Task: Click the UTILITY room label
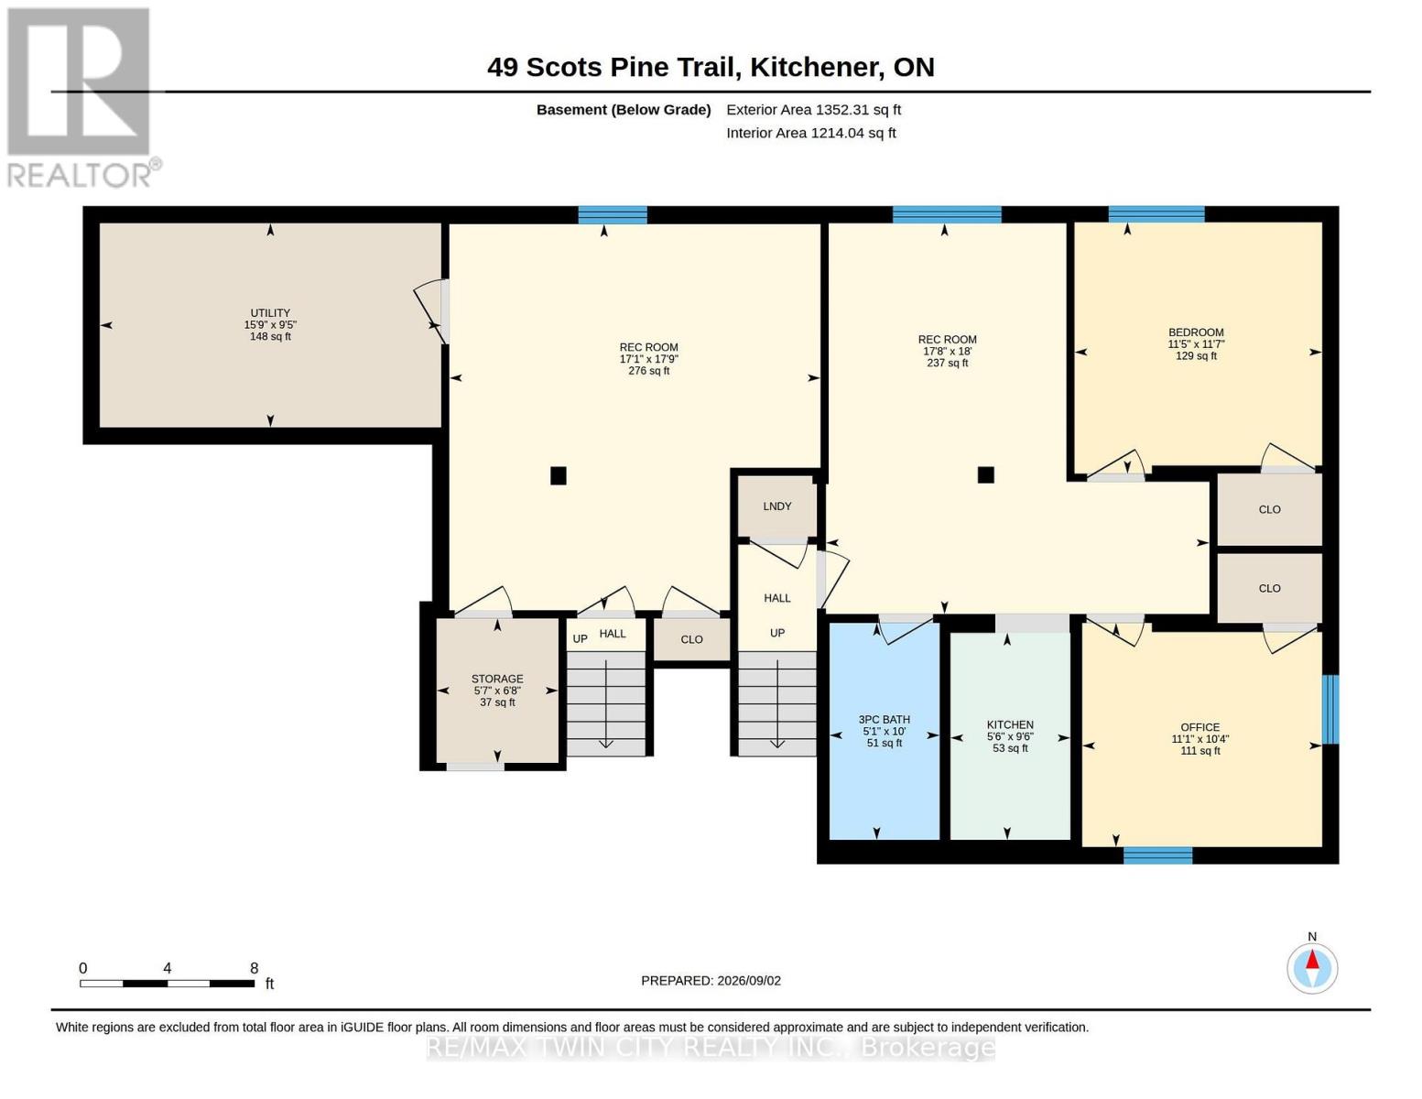(x=269, y=313)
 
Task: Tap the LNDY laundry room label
(x=776, y=506)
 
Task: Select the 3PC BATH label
(x=885, y=719)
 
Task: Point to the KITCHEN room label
(x=1010, y=724)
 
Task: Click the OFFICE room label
(x=1199, y=727)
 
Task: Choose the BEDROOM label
(x=1196, y=332)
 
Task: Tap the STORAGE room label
(x=496, y=679)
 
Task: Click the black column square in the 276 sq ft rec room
(x=559, y=475)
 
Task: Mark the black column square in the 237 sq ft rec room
(x=985, y=474)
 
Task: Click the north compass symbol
(x=1311, y=968)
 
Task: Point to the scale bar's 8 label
(x=254, y=968)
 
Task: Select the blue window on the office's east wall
(x=1330, y=710)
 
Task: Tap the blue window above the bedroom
(x=1156, y=214)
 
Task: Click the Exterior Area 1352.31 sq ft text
(x=813, y=110)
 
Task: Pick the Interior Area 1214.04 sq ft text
(x=810, y=133)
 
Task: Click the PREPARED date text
(x=711, y=981)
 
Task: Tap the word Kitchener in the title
(x=814, y=68)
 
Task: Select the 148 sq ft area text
(x=269, y=336)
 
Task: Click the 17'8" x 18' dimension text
(x=947, y=351)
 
